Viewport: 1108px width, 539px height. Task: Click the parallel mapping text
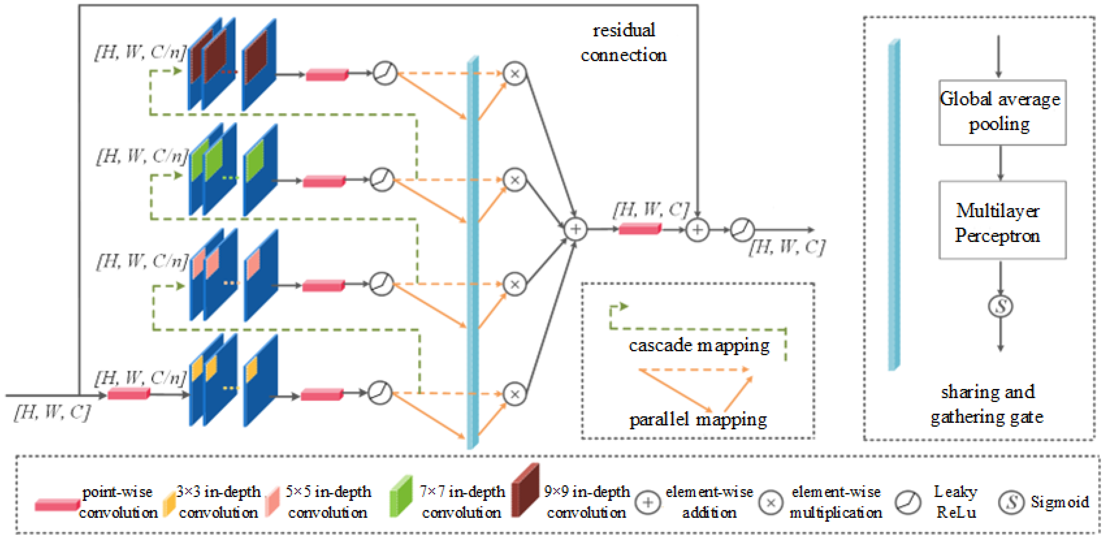[698, 419]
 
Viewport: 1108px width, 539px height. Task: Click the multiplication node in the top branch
[515, 74]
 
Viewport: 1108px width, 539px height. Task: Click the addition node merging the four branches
[576, 229]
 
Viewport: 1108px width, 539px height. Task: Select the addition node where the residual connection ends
[697, 230]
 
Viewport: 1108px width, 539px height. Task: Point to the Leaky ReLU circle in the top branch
[385, 73]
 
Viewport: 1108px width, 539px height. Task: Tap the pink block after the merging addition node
[640, 229]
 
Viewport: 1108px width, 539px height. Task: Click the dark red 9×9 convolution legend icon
[525, 490]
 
